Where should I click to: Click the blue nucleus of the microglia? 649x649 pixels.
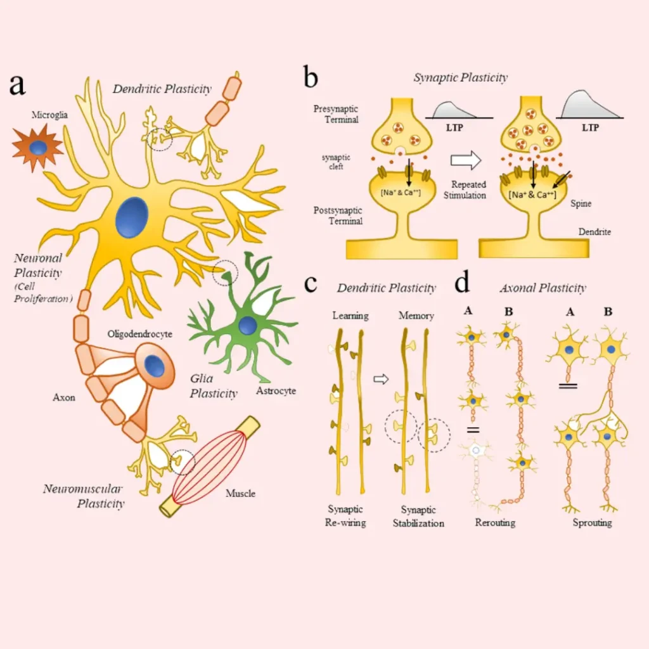(x=39, y=148)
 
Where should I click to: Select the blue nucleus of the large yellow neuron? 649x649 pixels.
(x=132, y=217)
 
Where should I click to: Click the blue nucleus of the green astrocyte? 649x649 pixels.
(x=248, y=326)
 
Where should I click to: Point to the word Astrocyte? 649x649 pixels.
(x=276, y=391)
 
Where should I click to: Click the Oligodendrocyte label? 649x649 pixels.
(x=140, y=333)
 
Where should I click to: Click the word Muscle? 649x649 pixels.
(x=241, y=492)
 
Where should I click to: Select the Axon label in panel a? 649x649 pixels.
(x=64, y=397)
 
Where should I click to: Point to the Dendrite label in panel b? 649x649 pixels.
(x=594, y=232)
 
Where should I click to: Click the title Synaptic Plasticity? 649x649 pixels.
(x=461, y=78)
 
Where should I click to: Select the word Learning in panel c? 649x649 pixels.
(x=350, y=315)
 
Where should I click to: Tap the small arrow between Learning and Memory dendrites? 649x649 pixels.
(x=380, y=379)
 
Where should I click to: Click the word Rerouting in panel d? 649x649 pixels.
(x=495, y=523)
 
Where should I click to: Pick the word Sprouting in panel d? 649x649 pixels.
(x=592, y=523)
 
